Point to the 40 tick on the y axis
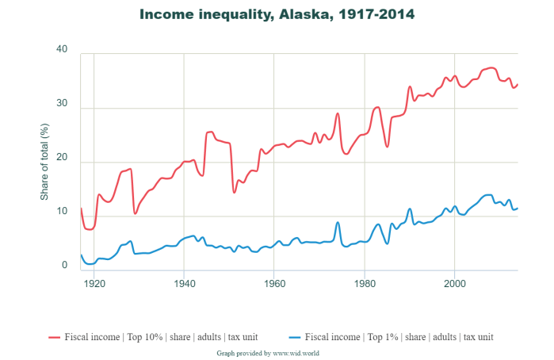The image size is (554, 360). (63, 50)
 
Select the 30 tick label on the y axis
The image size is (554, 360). (63, 105)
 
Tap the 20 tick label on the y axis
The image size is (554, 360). (63, 159)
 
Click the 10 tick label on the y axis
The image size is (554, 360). (63, 213)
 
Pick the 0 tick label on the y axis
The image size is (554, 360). (67, 266)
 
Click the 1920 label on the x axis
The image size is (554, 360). (94, 282)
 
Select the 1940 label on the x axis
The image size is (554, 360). (184, 282)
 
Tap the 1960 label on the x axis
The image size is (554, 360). (274, 282)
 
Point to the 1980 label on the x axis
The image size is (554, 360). (364, 282)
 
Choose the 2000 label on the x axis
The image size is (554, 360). (454, 282)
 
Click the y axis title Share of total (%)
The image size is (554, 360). (45, 159)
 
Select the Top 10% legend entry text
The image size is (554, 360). (162, 336)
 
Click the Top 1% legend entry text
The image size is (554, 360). (399, 336)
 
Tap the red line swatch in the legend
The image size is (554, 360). (55, 336)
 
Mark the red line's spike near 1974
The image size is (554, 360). (338, 113)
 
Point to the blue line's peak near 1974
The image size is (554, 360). (338, 222)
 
